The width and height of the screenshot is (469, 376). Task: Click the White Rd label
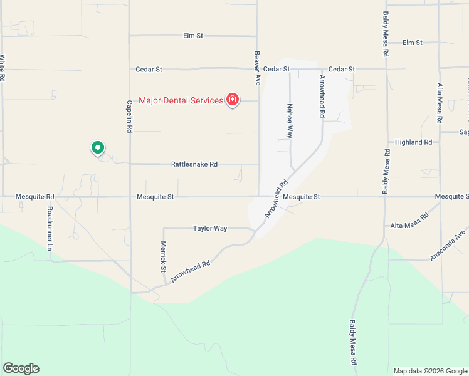[3, 69]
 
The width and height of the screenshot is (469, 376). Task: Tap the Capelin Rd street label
[130, 116]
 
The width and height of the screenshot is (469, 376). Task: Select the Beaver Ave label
[257, 68]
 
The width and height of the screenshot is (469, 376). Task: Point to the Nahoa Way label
[290, 121]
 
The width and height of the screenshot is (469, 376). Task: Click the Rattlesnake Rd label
[194, 164]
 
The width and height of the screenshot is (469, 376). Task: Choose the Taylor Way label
[210, 229]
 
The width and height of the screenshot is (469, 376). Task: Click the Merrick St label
[163, 256]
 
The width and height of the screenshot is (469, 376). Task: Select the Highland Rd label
[410, 142]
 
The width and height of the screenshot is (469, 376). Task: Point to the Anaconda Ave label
[447, 245]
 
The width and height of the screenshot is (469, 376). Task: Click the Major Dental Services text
[181, 100]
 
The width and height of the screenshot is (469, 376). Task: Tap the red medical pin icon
[233, 100]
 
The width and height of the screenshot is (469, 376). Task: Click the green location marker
[98, 148]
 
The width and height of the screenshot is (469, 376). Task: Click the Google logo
[21, 368]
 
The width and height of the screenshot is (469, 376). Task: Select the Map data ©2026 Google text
[430, 371]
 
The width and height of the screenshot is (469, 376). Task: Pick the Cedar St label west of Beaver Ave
[149, 69]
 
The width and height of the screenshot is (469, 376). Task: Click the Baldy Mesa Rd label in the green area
[353, 343]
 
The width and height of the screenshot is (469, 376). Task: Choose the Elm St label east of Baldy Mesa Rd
[413, 43]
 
